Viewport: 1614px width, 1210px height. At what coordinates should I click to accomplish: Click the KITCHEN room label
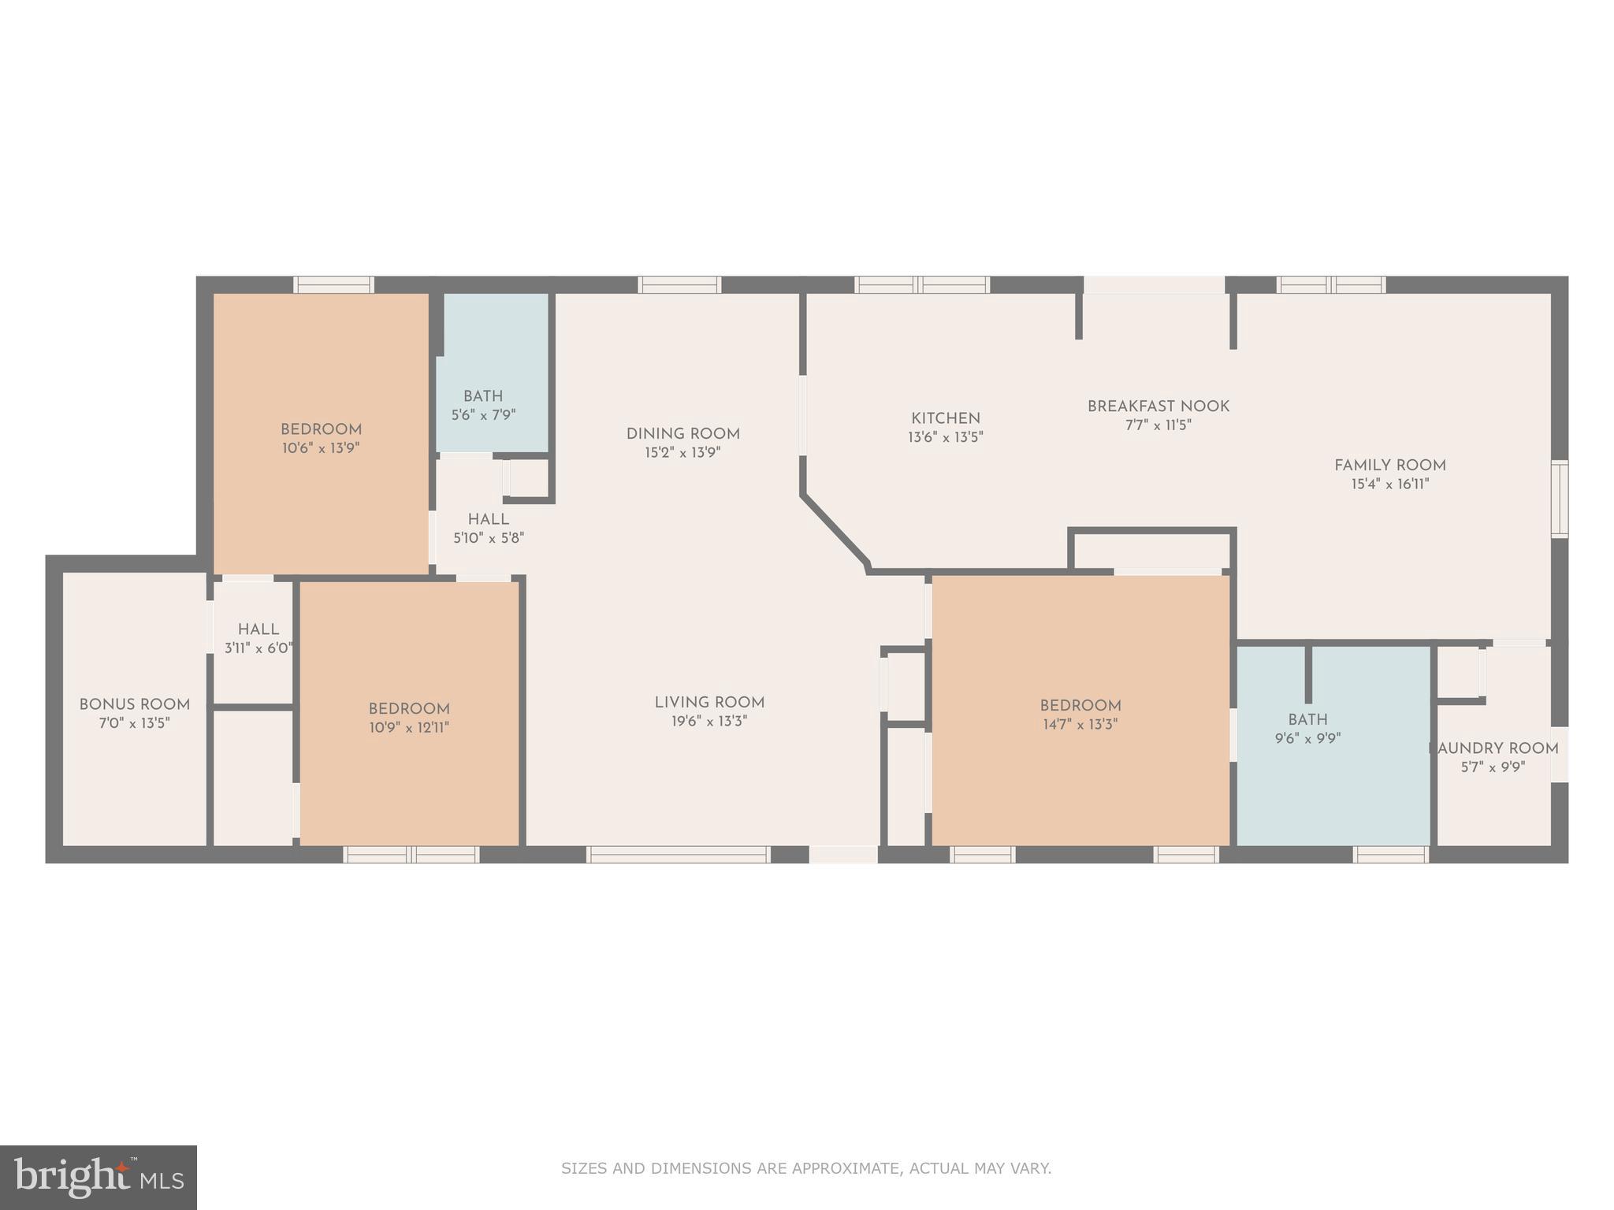tap(945, 418)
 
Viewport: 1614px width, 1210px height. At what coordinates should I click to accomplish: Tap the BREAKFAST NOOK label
tap(1158, 406)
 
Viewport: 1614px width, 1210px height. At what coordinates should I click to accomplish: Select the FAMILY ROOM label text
tap(1389, 465)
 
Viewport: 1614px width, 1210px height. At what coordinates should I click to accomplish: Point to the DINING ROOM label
tap(682, 433)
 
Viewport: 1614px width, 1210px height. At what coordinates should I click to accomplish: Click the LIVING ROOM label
tap(708, 702)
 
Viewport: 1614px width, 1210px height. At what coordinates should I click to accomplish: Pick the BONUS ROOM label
tap(134, 704)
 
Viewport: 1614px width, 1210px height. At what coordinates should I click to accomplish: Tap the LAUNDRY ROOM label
tap(1494, 748)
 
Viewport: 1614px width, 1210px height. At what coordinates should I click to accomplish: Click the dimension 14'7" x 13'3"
tap(1080, 725)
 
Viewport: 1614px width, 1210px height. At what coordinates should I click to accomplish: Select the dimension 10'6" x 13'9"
tap(321, 448)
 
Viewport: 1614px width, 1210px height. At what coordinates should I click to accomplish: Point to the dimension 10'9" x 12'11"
tap(408, 728)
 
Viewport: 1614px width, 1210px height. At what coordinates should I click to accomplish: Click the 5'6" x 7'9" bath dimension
tap(483, 415)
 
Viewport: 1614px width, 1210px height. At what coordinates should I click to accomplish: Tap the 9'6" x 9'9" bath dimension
tap(1307, 739)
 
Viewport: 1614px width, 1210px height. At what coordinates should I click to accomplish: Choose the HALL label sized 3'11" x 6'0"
tap(258, 629)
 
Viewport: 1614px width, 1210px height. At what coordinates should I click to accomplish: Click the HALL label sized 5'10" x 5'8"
tap(488, 519)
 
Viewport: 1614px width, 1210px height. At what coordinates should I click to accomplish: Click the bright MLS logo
tap(98, 1177)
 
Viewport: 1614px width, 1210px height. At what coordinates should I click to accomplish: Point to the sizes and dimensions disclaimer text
tap(805, 1168)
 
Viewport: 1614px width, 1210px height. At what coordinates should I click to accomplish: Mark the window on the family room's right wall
tap(1559, 499)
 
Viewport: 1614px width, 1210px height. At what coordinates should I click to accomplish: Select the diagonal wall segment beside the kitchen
tap(834, 529)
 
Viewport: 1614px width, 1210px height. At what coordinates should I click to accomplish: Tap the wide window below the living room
tap(678, 855)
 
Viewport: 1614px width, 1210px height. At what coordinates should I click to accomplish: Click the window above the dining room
tap(679, 284)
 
